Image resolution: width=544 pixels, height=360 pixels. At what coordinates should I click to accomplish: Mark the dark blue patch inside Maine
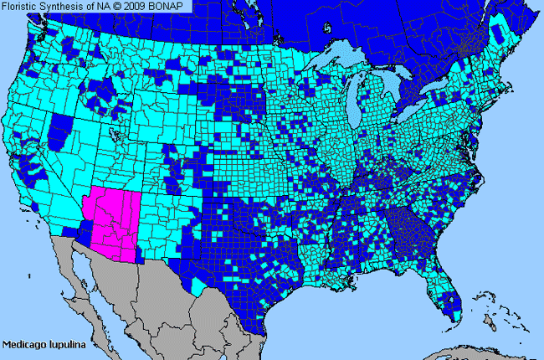(x=501, y=34)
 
